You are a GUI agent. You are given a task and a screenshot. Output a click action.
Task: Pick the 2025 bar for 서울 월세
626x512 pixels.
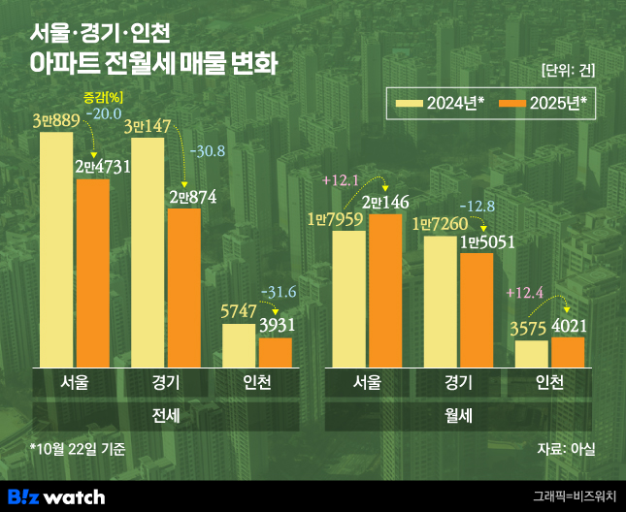[384, 291]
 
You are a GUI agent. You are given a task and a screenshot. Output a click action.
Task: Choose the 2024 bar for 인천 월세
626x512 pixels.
[531, 354]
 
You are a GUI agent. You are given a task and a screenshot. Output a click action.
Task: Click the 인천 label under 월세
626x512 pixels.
[549, 382]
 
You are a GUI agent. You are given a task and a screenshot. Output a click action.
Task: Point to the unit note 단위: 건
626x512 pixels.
[567, 70]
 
